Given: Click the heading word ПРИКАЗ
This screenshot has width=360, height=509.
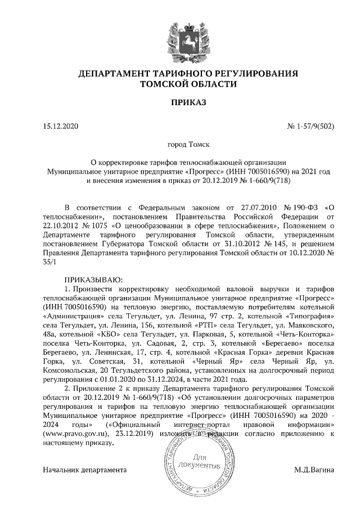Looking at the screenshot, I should [180, 102].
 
